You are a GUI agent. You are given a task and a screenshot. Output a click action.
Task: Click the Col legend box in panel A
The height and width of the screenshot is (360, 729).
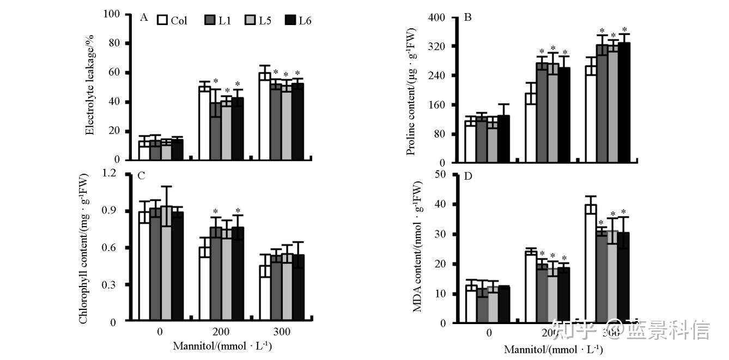[x=162, y=21]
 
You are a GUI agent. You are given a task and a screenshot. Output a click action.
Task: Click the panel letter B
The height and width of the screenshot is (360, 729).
[x=467, y=18]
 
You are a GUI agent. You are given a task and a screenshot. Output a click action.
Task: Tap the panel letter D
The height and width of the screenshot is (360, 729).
[x=467, y=177]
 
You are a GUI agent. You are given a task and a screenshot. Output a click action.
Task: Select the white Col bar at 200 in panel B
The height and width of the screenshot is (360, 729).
[x=531, y=128]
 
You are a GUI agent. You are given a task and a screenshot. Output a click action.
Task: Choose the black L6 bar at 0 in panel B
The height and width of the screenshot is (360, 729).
[x=503, y=139]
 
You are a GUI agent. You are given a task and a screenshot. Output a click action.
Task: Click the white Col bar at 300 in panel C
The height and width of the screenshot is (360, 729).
[x=265, y=294]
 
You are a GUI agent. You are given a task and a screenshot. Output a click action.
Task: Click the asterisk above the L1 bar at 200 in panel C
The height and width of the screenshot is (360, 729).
[x=215, y=212]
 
